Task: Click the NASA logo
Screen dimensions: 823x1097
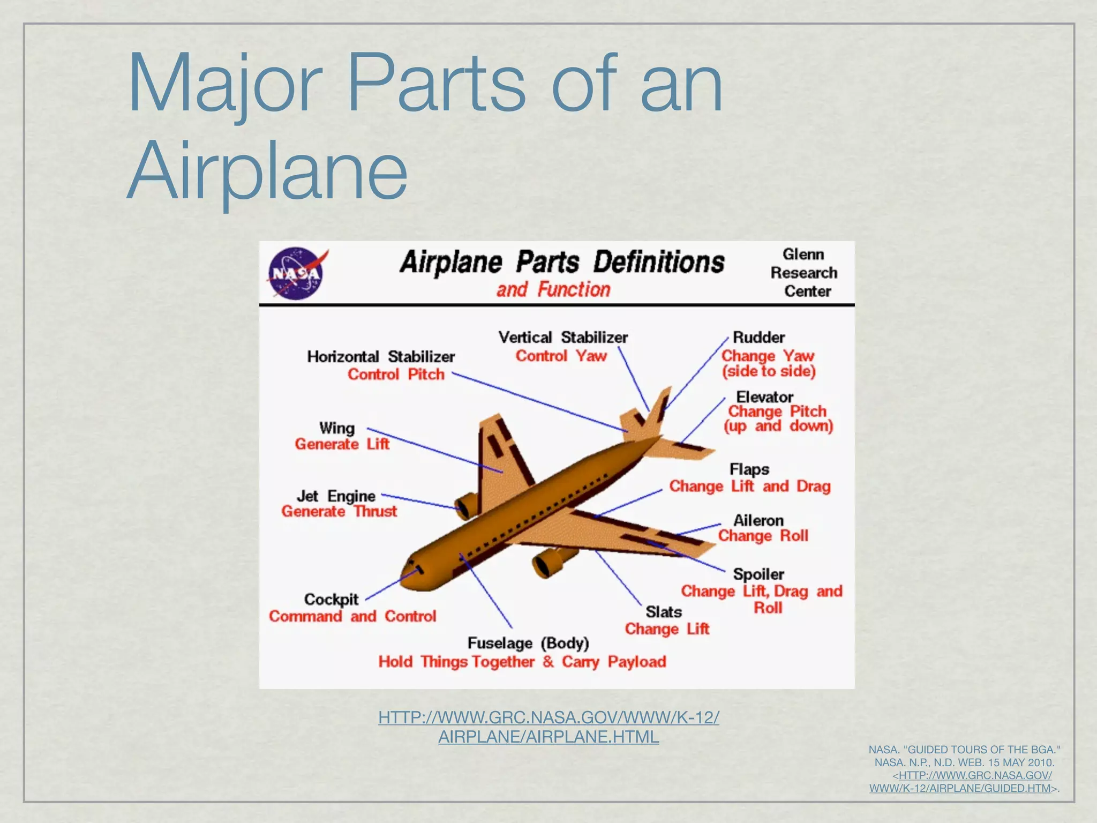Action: [296, 273]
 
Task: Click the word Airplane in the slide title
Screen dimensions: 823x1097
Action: [267, 170]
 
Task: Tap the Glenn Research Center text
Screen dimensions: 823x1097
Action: [803, 273]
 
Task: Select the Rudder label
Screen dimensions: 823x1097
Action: [758, 338]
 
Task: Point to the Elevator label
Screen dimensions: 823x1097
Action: [764, 397]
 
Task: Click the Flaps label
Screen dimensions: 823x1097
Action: [749, 469]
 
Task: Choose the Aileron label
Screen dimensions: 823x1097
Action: [758, 520]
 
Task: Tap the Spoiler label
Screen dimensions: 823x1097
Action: [758, 574]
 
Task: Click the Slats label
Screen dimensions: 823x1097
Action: [664, 612]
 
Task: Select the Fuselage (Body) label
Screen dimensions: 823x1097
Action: [528, 643]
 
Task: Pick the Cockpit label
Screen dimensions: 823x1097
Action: [331, 599]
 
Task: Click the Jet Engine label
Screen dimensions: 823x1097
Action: [336, 496]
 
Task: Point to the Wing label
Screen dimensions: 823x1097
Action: [337, 428]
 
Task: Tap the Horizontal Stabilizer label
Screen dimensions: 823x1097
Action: [381, 356]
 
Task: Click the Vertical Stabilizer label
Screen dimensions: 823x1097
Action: [563, 338]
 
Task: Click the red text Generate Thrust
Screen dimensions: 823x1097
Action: [339, 512]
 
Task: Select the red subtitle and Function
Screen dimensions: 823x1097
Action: [553, 290]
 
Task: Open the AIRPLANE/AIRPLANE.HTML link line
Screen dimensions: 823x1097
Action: [548, 737]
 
